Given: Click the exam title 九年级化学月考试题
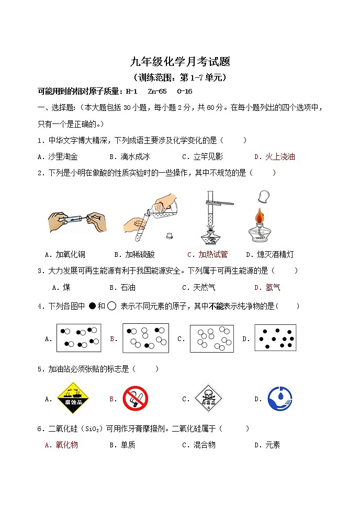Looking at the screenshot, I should tap(180, 62).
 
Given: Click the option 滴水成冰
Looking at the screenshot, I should tap(134, 156).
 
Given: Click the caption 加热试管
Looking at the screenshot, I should tap(213, 255).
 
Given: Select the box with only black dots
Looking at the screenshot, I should tap(275, 338).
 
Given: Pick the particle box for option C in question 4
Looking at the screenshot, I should tap(211, 338).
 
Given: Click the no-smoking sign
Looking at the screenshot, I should tap(135, 399).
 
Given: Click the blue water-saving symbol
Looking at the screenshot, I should tap(279, 399).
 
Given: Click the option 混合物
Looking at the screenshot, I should tap(204, 445).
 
